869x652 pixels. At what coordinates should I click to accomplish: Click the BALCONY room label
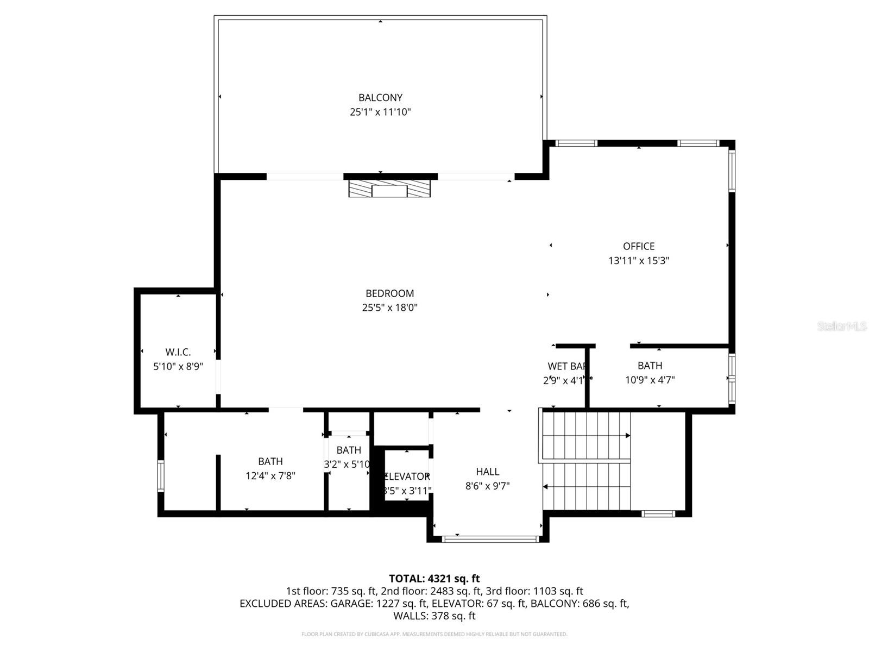point(380,98)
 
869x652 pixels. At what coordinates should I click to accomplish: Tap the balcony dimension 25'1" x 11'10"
point(380,112)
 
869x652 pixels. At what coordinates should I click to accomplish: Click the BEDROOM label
point(389,293)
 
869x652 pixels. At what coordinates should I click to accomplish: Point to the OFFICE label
point(639,246)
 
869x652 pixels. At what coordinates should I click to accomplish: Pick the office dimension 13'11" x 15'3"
point(639,261)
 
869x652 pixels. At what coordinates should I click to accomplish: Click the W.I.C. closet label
point(178,352)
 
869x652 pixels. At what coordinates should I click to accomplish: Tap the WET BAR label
point(566,366)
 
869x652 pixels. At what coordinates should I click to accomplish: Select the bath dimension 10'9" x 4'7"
point(650,380)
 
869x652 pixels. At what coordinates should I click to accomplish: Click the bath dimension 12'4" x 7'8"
point(270,476)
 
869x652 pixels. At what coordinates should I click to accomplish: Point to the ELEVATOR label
point(406,477)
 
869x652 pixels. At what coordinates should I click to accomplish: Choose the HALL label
point(487,472)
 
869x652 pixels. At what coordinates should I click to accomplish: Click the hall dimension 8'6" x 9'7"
point(487,486)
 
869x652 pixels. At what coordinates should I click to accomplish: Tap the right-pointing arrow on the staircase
point(627,436)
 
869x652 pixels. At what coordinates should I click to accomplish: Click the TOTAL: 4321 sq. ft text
point(434,579)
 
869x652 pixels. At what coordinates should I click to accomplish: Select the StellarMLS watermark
point(842,326)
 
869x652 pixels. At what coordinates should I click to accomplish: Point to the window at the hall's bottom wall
point(490,539)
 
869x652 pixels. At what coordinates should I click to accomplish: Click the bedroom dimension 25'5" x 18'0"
point(389,308)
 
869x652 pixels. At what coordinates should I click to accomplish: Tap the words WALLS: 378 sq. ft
point(434,616)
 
